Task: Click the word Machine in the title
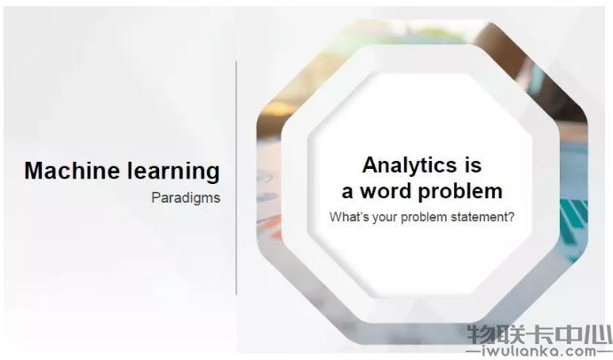[72, 171]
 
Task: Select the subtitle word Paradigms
[186, 198]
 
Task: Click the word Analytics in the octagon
[410, 166]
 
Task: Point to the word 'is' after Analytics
[474, 164]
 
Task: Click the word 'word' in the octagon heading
[386, 191]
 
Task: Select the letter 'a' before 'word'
[347, 193]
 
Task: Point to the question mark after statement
[511, 217]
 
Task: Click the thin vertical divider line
[236, 177]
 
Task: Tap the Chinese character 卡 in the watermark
[540, 335]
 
